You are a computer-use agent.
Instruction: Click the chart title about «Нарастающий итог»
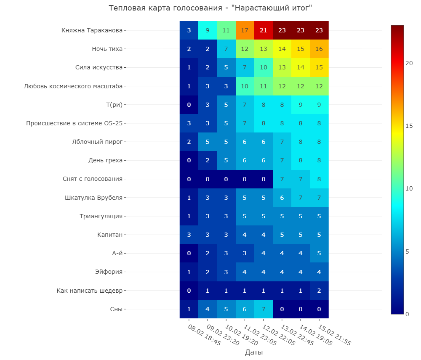(210, 8)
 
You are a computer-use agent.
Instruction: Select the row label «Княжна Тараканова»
(92, 30)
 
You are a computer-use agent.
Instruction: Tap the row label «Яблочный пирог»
(97, 142)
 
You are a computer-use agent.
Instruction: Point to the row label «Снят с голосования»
(92, 179)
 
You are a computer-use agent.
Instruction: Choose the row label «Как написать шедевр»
(89, 291)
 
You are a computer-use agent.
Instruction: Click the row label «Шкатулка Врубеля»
(93, 198)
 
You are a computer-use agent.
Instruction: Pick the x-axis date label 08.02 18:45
(204, 335)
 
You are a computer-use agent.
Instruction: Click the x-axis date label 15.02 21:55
(335, 335)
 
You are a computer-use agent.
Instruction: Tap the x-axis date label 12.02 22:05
(279, 335)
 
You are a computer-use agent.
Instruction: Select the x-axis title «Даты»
(254, 352)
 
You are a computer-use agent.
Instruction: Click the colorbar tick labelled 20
(409, 63)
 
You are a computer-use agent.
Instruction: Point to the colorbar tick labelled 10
(409, 188)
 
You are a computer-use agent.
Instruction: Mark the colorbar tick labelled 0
(407, 314)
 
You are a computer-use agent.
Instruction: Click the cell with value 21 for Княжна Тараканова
(264, 30)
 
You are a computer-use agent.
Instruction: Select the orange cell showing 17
(245, 30)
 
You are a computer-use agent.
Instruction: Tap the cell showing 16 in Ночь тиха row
(319, 49)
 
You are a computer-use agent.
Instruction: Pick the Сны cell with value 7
(264, 309)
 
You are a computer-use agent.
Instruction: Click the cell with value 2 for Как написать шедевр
(319, 291)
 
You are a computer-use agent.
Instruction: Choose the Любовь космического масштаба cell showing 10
(245, 86)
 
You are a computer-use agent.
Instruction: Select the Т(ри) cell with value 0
(189, 105)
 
